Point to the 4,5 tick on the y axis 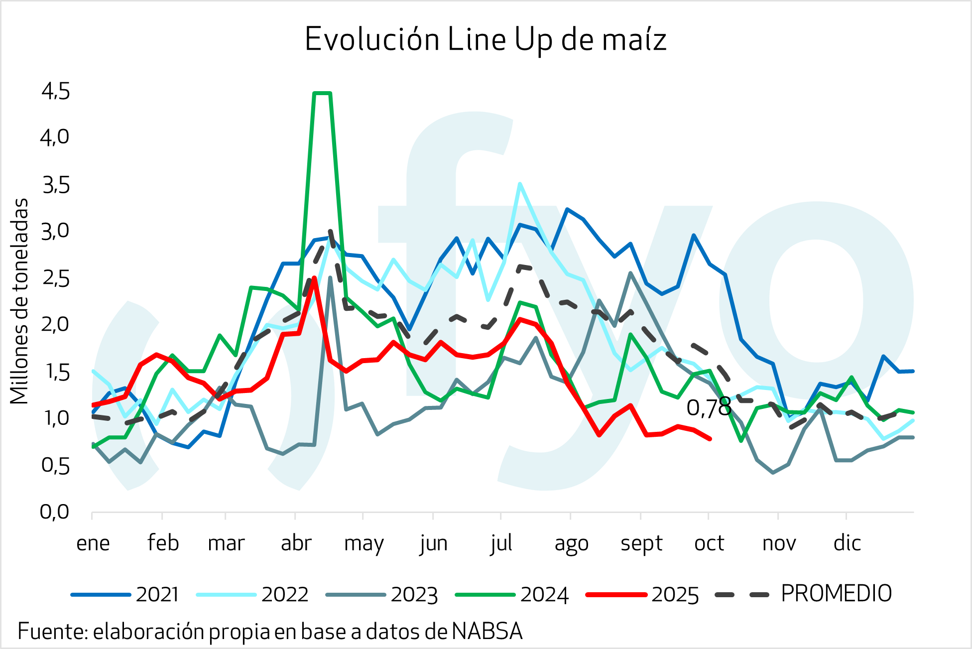click(x=56, y=92)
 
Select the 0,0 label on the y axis click(x=55, y=512)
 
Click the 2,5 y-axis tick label click(x=56, y=278)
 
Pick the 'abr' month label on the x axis click(x=296, y=543)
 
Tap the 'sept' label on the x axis click(x=641, y=543)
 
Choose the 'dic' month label click(x=847, y=543)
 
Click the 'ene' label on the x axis click(x=93, y=543)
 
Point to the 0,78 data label click(x=709, y=408)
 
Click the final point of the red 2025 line click(x=710, y=439)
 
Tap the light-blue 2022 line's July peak click(x=519, y=184)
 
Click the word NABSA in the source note click(x=487, y=632)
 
